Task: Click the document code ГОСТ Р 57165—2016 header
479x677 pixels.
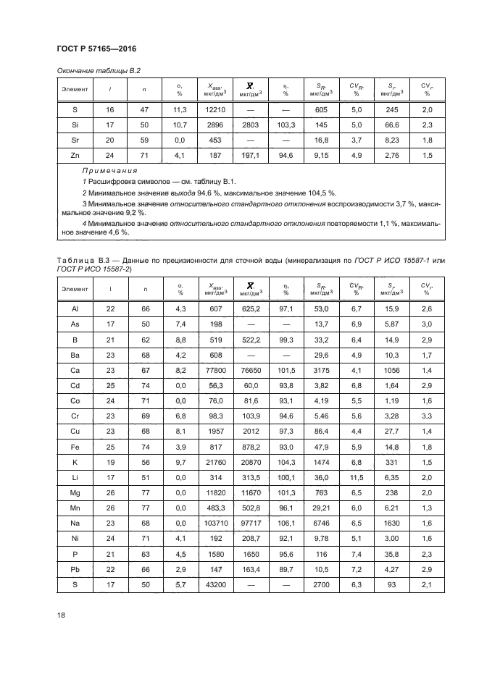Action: point(96,49)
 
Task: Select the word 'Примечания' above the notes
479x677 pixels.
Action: point(109,171)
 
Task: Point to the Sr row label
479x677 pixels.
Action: point(75,140)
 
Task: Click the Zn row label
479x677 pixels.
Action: point(75,156)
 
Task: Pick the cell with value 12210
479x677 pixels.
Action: point(216,109)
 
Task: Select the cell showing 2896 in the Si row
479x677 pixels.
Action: point(216,125)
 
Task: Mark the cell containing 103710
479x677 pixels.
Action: point(216,523)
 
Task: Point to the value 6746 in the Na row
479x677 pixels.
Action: point(320,523)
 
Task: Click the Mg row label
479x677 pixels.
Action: point(75,492)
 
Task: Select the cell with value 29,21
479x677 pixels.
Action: point(320,508)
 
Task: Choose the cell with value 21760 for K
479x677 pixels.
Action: point(216,461)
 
